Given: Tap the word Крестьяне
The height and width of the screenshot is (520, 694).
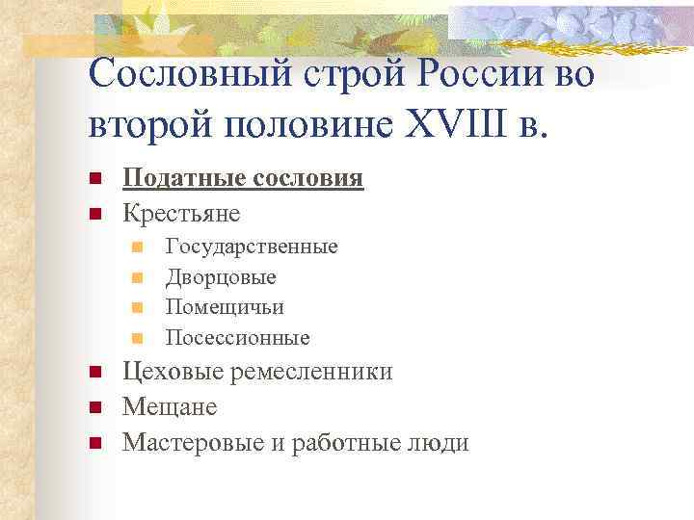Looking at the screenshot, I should pos(181,212).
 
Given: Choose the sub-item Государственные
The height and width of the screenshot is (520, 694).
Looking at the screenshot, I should pos(252,247).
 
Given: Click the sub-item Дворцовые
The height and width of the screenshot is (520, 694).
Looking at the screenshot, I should pos(221,277).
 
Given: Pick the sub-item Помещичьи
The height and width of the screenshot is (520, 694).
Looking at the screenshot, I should pos(225,307).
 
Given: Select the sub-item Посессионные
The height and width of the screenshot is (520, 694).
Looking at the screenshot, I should pos(238,338).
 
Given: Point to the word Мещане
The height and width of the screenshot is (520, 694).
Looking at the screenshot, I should pos(170,407).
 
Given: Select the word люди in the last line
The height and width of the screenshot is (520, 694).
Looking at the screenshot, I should pos(438,442).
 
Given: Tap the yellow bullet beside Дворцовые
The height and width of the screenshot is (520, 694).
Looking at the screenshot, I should pos(138,278).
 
